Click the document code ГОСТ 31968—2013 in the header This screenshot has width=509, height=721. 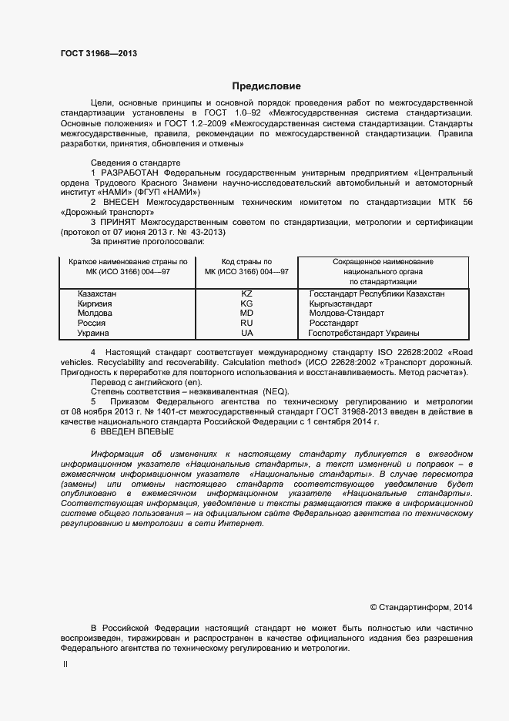(x=99, y=54)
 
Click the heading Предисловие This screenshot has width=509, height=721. (x=266, y=86)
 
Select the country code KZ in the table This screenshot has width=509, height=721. (x=246, y=294)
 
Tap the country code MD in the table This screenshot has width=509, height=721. (x=246, y=314)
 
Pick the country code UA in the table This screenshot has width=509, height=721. (x=246, y=333)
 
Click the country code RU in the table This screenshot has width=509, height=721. (x=246, y=324)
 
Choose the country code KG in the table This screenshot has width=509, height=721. (x=246, y=304)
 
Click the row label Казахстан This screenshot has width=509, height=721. (x=97, y=294)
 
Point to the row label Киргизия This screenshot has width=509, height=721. (x=95, y=304)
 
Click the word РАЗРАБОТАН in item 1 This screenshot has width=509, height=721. (x=132, y=173)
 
